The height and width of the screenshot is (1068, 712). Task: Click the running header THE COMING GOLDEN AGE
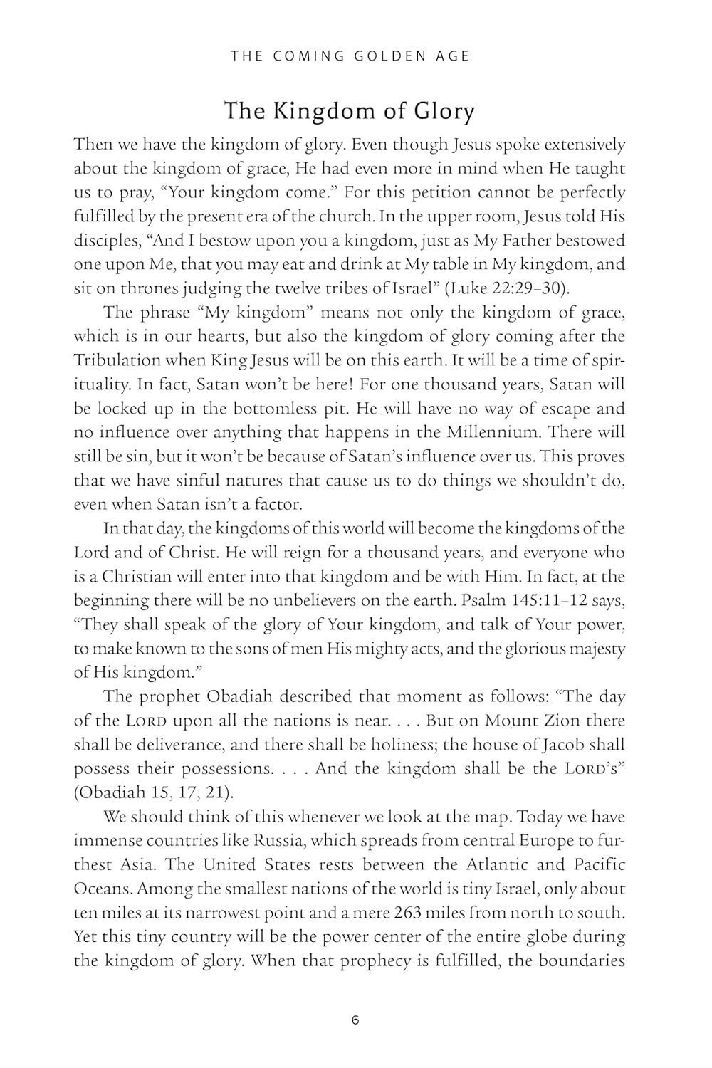(350, 56)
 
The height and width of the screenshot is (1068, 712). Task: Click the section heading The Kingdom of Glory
(350, 112)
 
